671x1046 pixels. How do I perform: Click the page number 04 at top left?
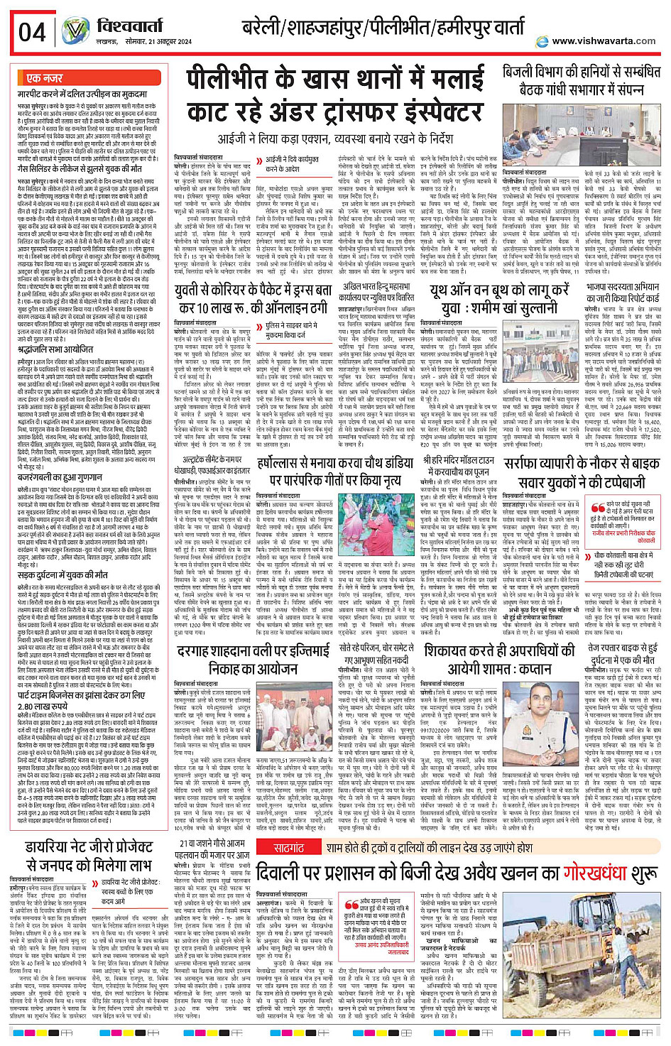click(32, 33)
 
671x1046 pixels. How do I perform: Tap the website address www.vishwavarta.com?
click(604, 41)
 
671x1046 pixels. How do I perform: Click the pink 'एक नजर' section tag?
click(44, 78)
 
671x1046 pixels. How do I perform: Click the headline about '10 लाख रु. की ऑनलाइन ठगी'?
click(253, 299)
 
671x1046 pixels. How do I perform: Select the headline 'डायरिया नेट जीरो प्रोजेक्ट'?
click(89, 856)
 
